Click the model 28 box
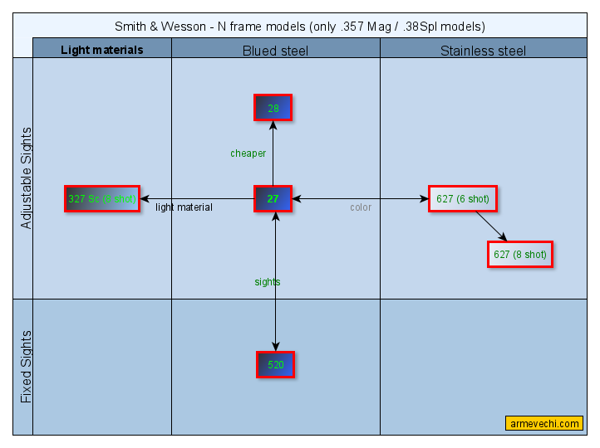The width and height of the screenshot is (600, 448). pos(273,108)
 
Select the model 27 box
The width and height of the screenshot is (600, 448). pos(273,199)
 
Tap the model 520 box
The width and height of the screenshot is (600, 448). pos(276,365)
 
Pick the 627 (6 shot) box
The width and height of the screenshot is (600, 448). pos(463,199)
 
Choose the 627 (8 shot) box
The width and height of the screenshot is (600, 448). pos(520,255)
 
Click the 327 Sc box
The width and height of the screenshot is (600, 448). pos(102,199)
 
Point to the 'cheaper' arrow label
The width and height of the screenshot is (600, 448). pos(248,153)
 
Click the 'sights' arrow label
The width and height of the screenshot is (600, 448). pos(268,282)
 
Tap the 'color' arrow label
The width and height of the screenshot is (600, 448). pos(361,207)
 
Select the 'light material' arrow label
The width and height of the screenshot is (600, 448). pos(184,207)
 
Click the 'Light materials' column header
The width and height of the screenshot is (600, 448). pos(102,50)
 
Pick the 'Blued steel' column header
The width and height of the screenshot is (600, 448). pos(275,51)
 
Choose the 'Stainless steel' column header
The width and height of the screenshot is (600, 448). pos(483,51)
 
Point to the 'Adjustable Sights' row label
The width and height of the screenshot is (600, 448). pos(26,178)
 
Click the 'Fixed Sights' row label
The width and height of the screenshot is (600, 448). pos(26,367)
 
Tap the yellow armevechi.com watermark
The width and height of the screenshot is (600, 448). pos(544,424)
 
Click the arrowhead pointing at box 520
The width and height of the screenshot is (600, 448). pos(276,346)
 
